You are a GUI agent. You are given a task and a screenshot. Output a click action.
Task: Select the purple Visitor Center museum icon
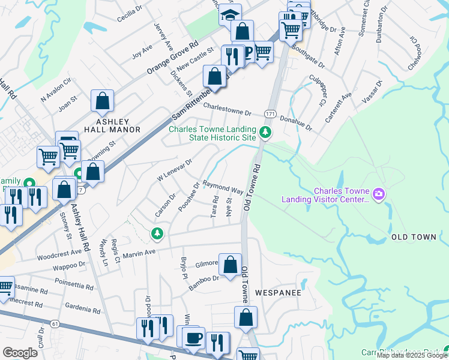coord(378,194)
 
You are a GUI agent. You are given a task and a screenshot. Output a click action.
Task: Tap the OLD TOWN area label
coord(414,238)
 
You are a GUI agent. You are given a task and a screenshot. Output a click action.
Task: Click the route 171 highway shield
coord(271,113)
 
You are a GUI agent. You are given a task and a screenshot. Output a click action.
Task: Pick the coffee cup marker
coord(193,338)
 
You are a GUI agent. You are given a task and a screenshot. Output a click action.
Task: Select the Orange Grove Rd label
coord(173,58)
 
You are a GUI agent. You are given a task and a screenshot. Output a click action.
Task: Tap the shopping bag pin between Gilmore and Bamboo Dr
coord(230,264)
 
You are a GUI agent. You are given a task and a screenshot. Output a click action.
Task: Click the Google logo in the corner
coord(19,353)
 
